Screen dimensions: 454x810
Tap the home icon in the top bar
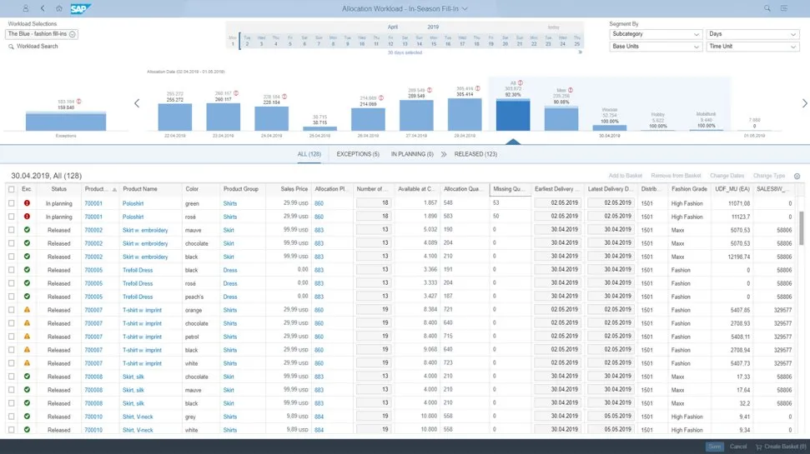(58, 8)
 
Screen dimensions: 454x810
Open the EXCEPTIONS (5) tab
(357, 154)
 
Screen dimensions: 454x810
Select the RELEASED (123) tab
(475, 154)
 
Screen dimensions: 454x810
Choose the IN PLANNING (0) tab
(412, 154)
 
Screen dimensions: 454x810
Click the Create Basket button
(780, 447)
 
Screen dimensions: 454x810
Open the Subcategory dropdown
(656, 34)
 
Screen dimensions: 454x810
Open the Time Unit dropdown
(752, 47)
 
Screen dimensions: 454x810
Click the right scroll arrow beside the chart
(804, 103)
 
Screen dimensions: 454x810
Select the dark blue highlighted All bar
(512, 115)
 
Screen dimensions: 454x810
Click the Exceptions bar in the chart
(66, 121)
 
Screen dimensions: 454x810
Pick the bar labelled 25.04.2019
(319, 127)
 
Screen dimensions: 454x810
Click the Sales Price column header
(294, 189)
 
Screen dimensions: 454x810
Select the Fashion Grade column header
(688, 189)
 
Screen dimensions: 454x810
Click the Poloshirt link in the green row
(133, 202)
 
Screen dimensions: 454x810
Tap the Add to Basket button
(626, 176)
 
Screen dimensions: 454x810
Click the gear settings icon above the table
(797, 176)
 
